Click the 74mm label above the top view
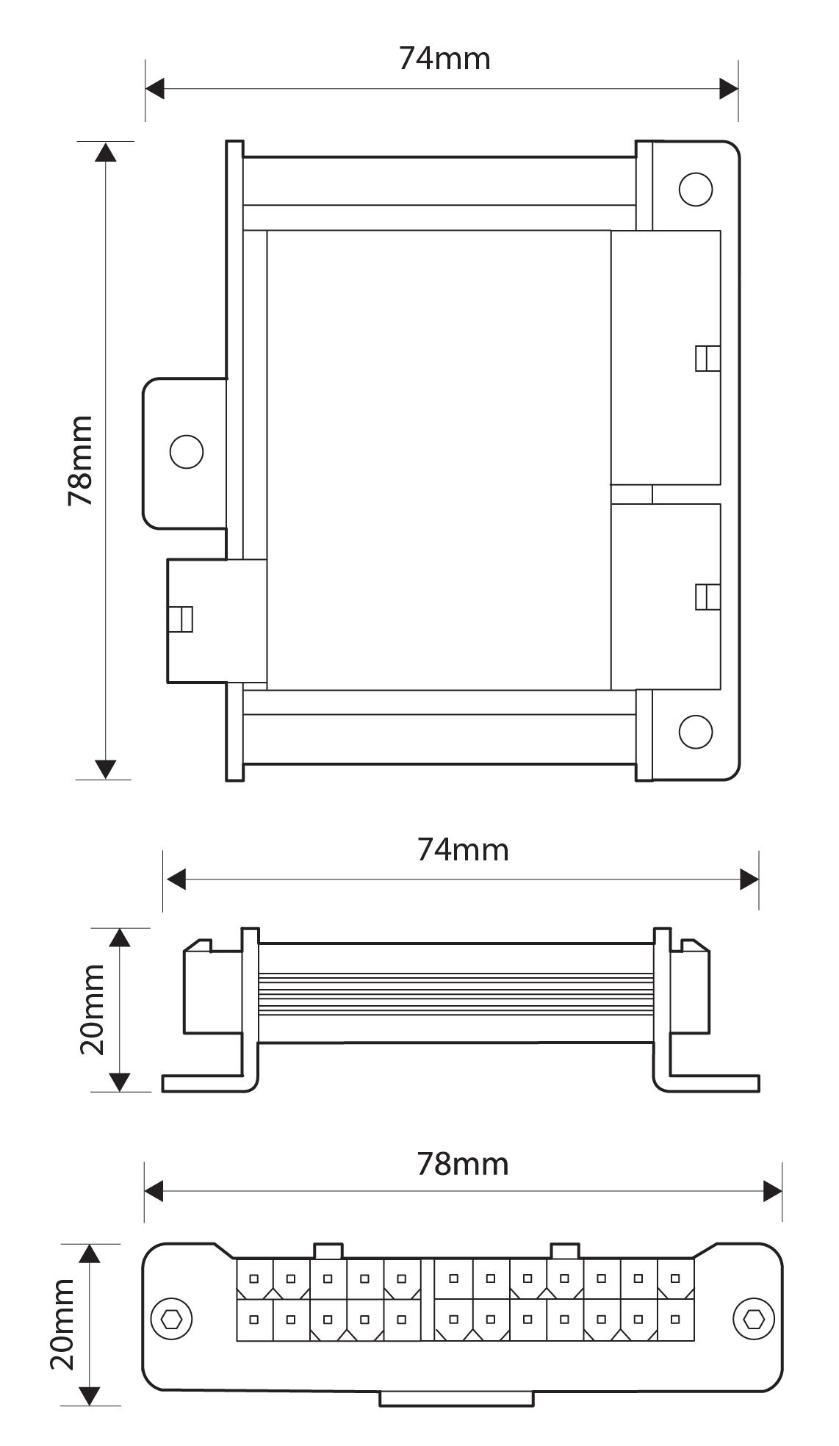[x=444, y=58]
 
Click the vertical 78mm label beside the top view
[x=80, y=461]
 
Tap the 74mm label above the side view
[x=463, y=849]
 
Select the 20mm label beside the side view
[x=93, y=1009]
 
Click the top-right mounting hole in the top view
[x=695, y=190]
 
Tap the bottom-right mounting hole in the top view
[x=695, y=730]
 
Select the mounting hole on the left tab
[x=186, y=451]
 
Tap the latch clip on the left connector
[x=181, y=619]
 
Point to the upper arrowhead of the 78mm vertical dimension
[x=107, y=152]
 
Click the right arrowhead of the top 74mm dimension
[x=729, y=90]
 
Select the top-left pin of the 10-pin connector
[x=254, y=1278]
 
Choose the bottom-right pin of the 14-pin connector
[x=675, y=1319]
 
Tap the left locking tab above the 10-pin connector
[x=328, y=1251]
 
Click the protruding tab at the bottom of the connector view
[x=456, y=1399]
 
